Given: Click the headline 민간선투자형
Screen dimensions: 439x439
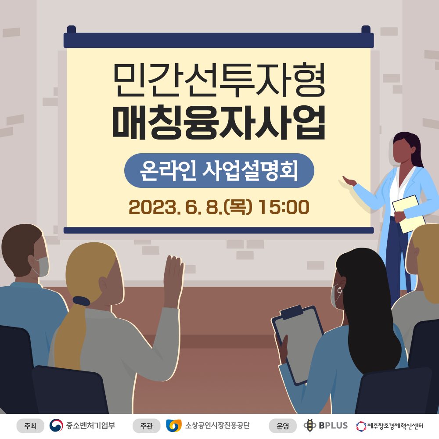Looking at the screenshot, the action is (x=219, y=80).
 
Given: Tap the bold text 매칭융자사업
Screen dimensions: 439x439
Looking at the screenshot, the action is (x=219, y=122).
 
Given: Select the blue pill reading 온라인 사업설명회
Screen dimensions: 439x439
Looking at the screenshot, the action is (x=219, y=170).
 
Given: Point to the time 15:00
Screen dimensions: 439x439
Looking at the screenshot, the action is (x=284, y=207).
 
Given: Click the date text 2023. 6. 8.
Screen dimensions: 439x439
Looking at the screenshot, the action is (x=176, y=208).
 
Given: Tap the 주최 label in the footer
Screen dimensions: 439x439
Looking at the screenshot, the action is (x=30, y=426).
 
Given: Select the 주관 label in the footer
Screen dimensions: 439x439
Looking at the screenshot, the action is (x=147, y=426).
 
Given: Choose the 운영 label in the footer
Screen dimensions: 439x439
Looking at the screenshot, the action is (x=283, y=426).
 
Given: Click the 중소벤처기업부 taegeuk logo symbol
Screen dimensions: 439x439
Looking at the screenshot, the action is (x=56, y=425).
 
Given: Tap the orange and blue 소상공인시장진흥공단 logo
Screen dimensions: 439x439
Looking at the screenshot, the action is (x=173, y=425).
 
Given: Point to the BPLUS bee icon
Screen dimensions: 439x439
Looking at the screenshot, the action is (x=310, y=425).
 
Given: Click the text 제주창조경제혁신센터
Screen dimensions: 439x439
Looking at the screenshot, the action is (x=395, y=426).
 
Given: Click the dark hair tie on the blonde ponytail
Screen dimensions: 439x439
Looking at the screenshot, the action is (x=81, y=301).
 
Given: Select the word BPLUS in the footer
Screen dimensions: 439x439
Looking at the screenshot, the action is (x=333, y=425).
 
